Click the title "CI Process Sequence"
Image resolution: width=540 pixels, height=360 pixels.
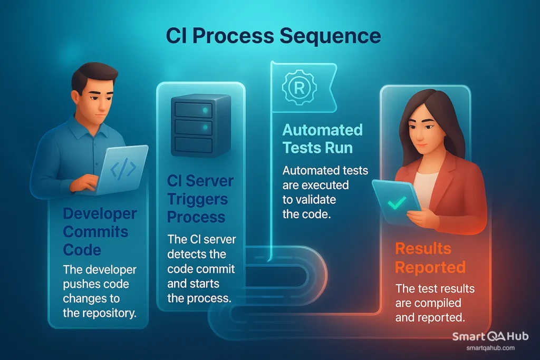click(x=273, y=36)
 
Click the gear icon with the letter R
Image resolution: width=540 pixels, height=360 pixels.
click(x=298, y=87)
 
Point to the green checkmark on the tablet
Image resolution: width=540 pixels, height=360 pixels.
click(x=397, y=202)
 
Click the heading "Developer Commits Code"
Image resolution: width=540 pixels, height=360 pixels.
click(x=99, y=231)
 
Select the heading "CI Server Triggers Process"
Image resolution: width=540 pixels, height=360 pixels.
click(x=200, y=199)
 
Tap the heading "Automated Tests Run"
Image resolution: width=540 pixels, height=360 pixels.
click(x=322, y=138)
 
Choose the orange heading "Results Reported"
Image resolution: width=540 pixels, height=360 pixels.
click(x=430, y=257)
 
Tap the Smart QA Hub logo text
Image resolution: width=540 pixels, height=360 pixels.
click(x=490, y=337)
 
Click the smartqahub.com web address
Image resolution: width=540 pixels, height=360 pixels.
click(x=490, y=348)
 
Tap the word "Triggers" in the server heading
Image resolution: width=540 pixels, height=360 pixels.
click(x=197, y=199)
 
